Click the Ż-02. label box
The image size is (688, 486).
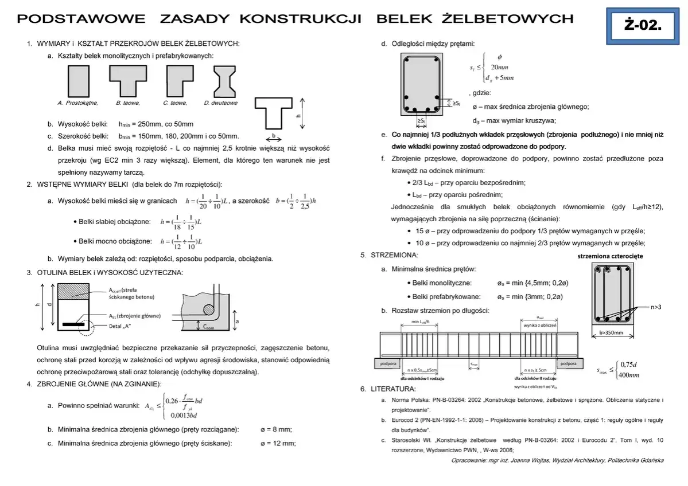pyautogui.click(x=642, y=25)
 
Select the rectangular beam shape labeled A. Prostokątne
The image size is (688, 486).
pyautogui.click(x=78, y=81)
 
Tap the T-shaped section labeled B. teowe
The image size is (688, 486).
pyautogui.click(x=128, y=81)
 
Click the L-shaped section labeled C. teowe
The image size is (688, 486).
pyautogui.click(x=179, y=81)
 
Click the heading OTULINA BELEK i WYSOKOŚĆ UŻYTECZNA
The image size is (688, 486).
pyautogui.click(x=110, y=272)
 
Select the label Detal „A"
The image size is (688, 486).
pyautogui.click(x=120, y=326)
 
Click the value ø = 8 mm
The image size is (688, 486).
pyautogui.click(x=276, y=429)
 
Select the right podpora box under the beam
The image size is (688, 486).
pyautogui.click(x=568, y=363)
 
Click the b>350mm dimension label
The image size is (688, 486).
pyautogui.click(x=612, y=332)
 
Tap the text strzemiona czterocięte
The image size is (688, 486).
pyautogui.click(x=610, y=256)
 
